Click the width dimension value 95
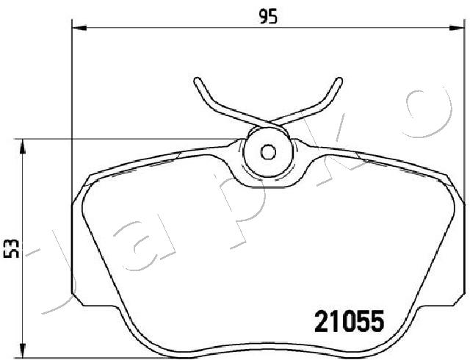click(268, 16)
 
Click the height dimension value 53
click(11, 249)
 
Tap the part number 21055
click(350, 321)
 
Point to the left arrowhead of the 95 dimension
click(79, 28)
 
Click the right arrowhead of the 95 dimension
click(457, 28)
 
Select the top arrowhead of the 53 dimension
click(22, 147)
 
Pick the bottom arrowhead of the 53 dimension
click(22, 350)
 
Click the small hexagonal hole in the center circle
click(268, 152)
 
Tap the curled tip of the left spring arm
click(198, 81)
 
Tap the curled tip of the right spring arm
click(339, 81)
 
